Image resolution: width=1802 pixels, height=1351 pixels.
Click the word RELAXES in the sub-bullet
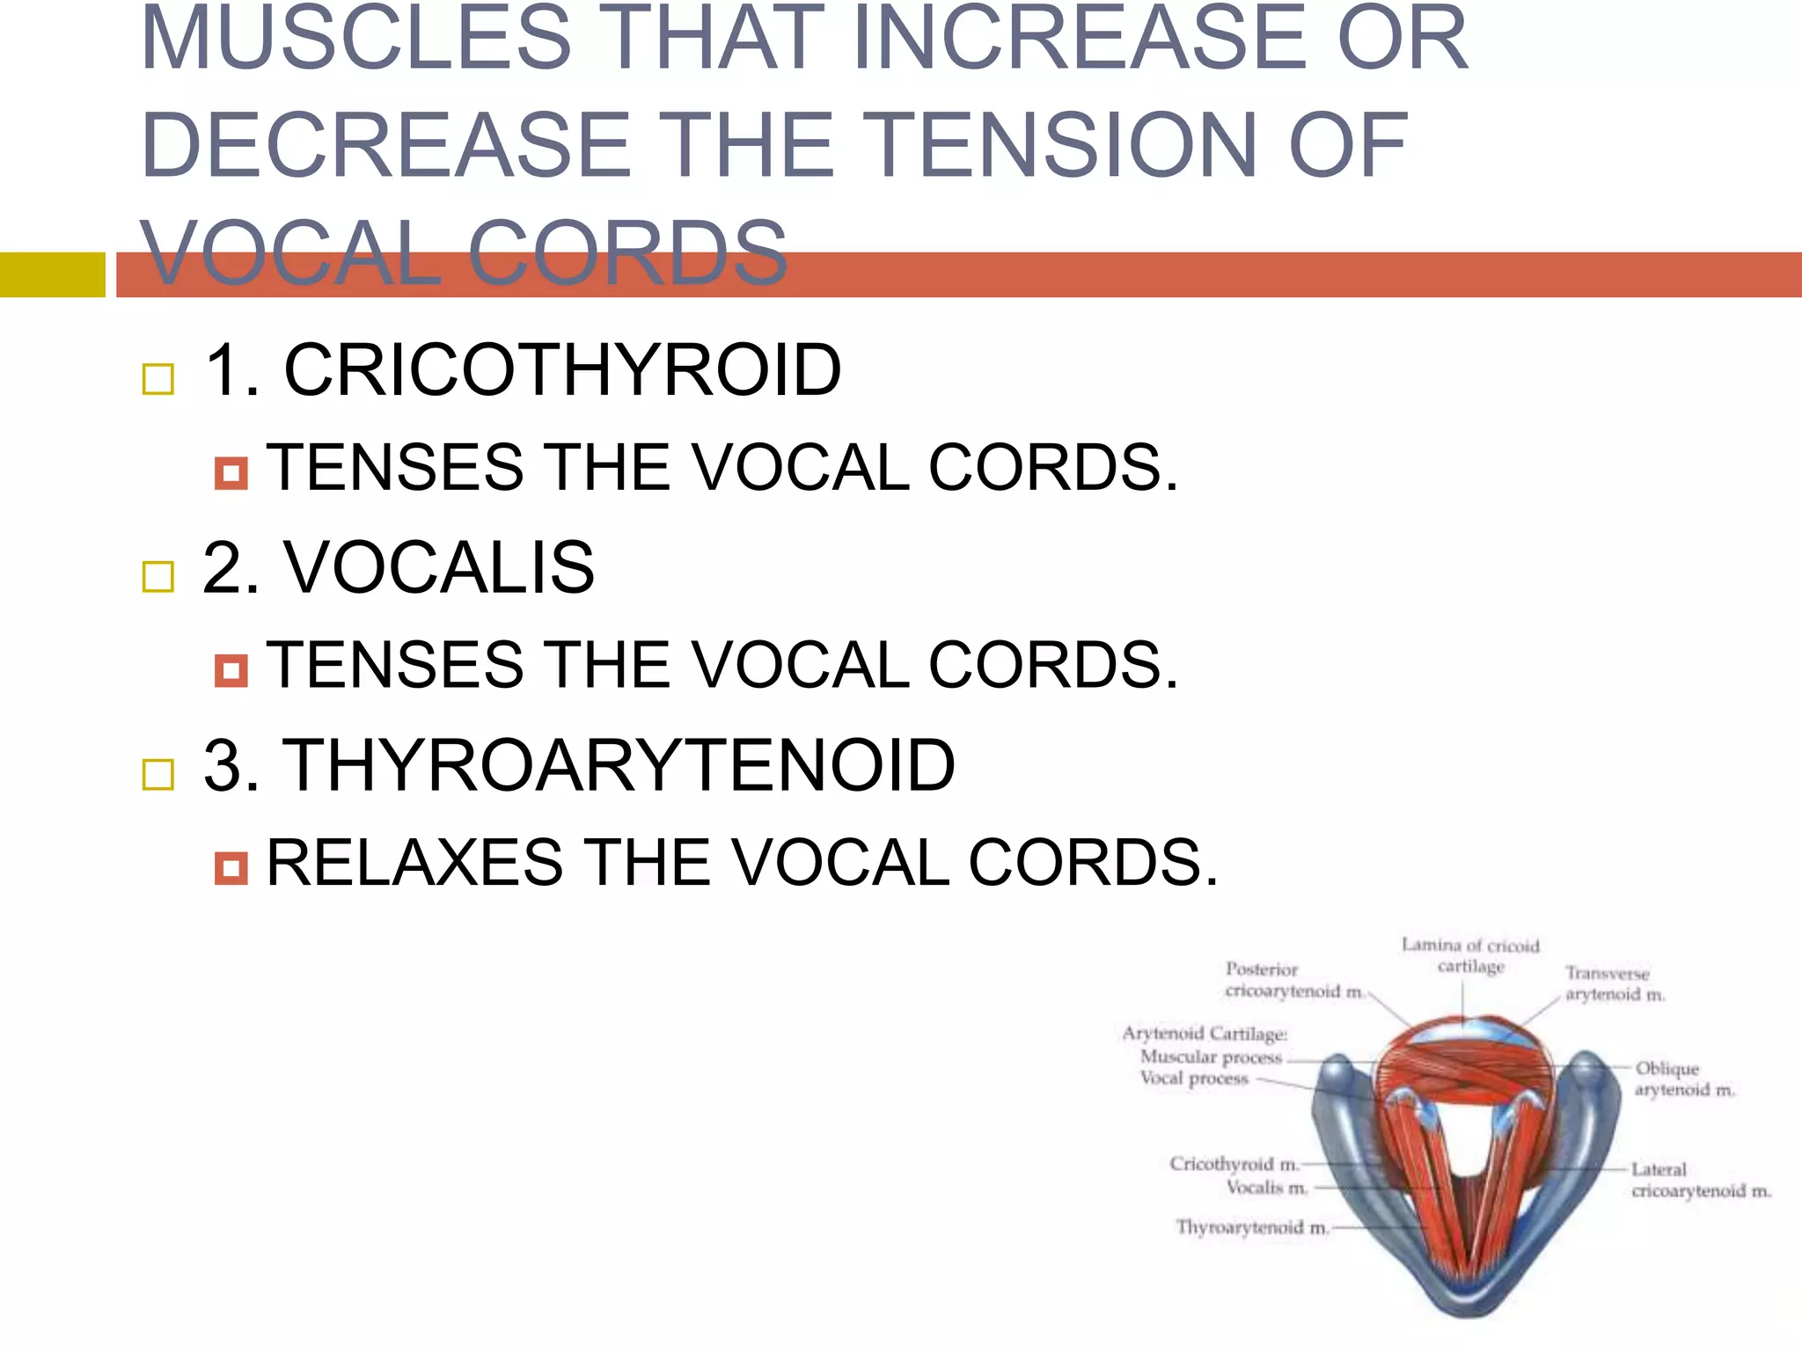click(x=414, y=863)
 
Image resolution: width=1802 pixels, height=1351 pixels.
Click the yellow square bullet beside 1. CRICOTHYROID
click(x=158, y=379)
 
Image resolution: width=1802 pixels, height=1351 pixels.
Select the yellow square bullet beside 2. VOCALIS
click(x=158, y=577)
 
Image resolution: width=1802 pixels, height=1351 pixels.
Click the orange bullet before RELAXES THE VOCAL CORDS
click(x=231, y=868)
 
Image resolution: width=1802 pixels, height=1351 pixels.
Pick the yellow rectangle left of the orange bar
click(x=52, y=274)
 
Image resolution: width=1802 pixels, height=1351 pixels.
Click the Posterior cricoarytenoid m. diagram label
click(x=1293, y=981)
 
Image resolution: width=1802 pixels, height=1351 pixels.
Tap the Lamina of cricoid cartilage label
click(x=1470, y=956)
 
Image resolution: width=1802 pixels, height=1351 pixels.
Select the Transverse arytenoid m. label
click(x=1615, y=984)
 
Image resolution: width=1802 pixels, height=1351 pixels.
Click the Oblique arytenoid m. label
click(x=1683, y=1079)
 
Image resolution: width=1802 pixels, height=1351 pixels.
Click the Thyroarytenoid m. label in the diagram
click(x=1251, y=1228)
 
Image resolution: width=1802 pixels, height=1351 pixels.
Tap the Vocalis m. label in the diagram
click(x=1267, y=1188)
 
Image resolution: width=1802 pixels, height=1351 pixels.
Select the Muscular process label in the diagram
click(x=1211, y=1057)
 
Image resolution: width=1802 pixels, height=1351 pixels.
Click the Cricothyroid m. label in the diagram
click(x=1234, y=1165)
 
